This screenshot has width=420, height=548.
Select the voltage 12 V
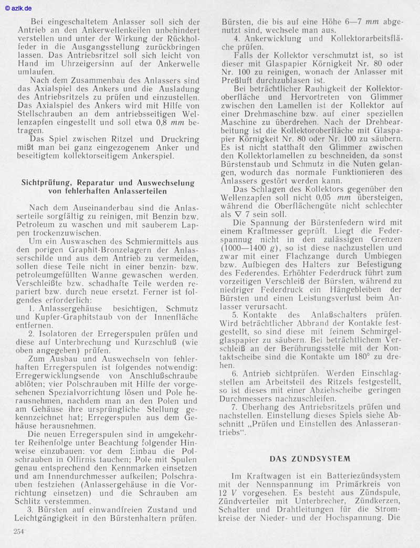(228, 493)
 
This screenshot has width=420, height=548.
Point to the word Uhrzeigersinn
(99, 60)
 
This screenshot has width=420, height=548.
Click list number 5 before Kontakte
(236, 315)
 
